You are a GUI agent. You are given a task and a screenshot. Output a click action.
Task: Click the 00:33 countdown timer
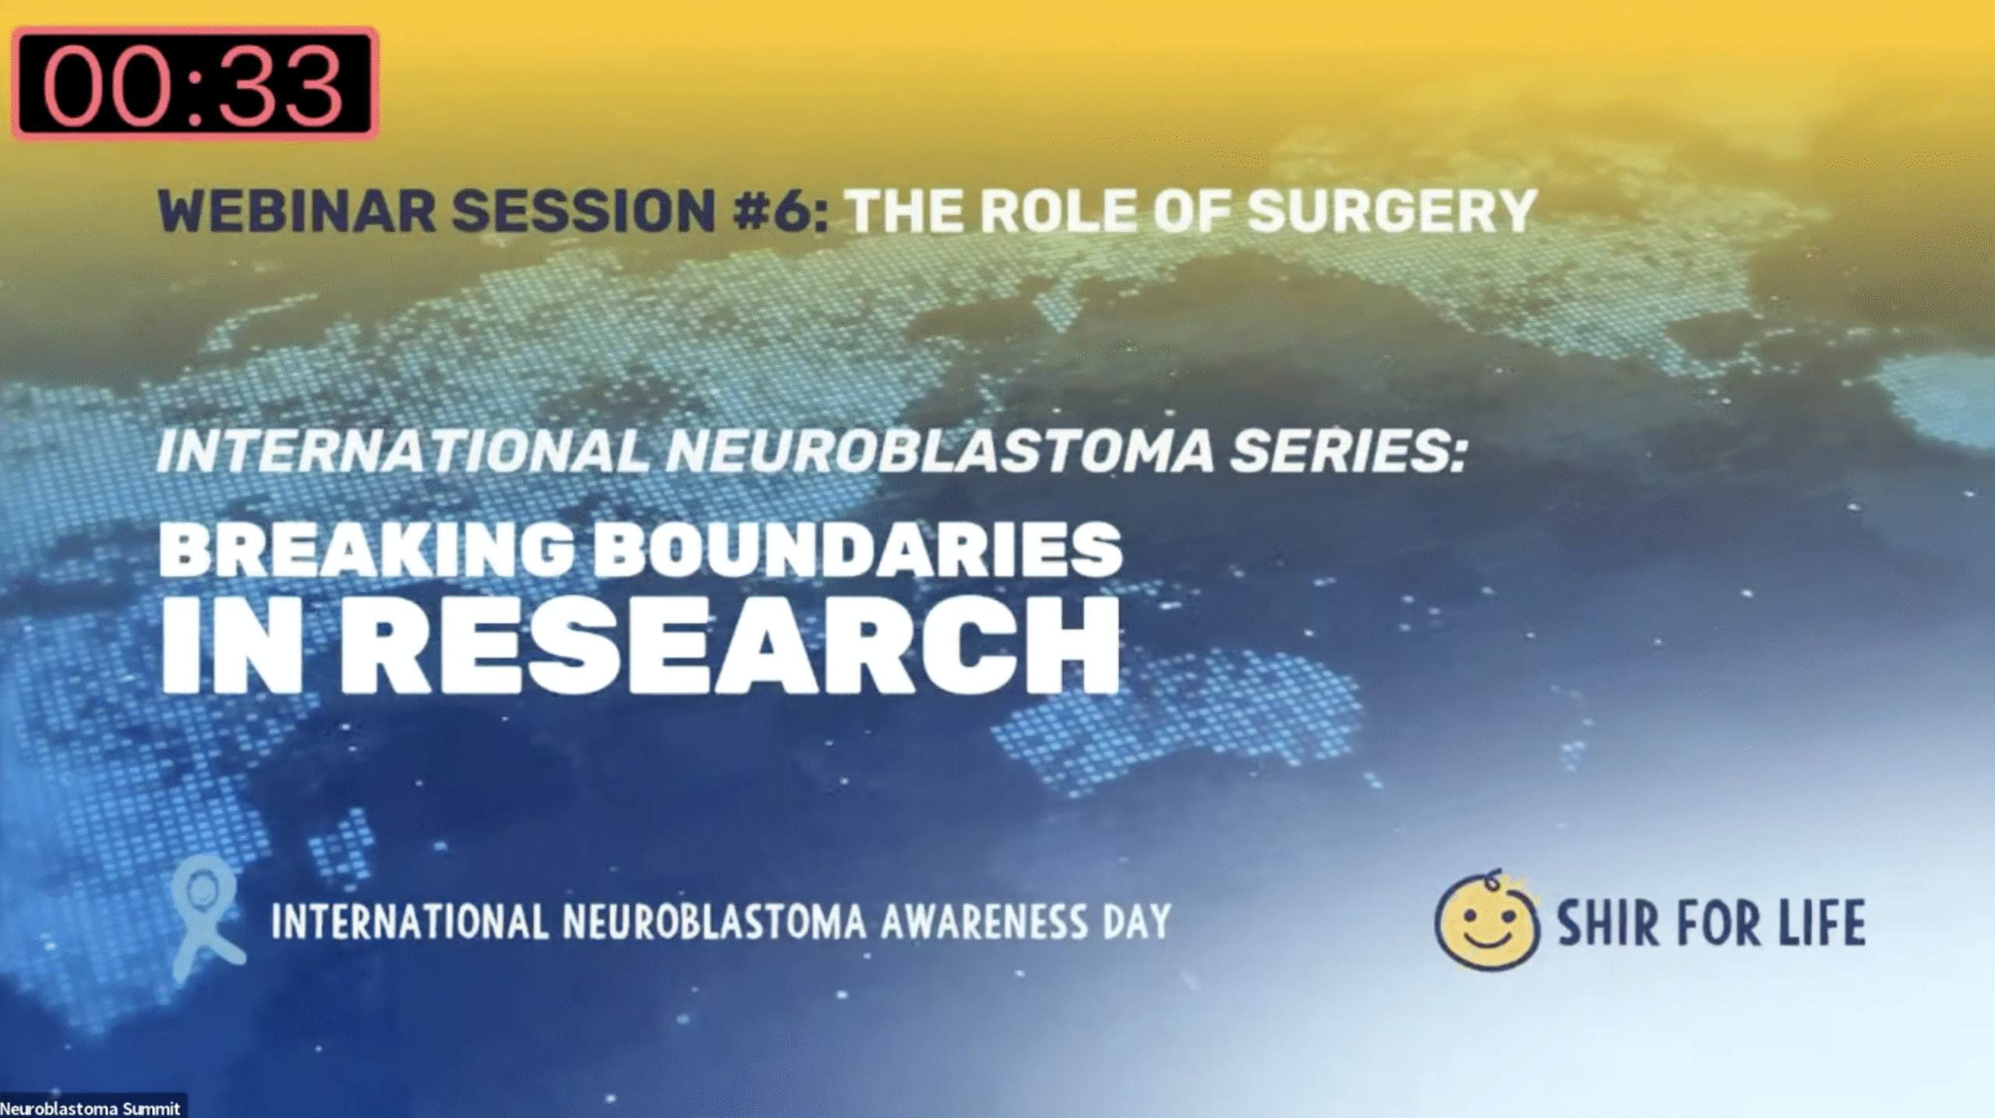point(194,84)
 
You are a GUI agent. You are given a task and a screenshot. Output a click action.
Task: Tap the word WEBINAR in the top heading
point(297,210)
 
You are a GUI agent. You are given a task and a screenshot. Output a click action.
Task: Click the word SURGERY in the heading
point(1392,210)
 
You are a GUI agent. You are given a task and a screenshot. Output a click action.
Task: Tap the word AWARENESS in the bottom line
point(983,922)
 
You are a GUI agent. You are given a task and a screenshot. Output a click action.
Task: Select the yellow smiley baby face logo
point(1487,921)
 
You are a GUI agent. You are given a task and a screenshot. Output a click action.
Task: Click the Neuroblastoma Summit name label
point(91,1108)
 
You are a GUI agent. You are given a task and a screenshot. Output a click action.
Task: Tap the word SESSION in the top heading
point(584,210)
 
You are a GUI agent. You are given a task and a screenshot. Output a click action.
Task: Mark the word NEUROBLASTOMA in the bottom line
point(713,922)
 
